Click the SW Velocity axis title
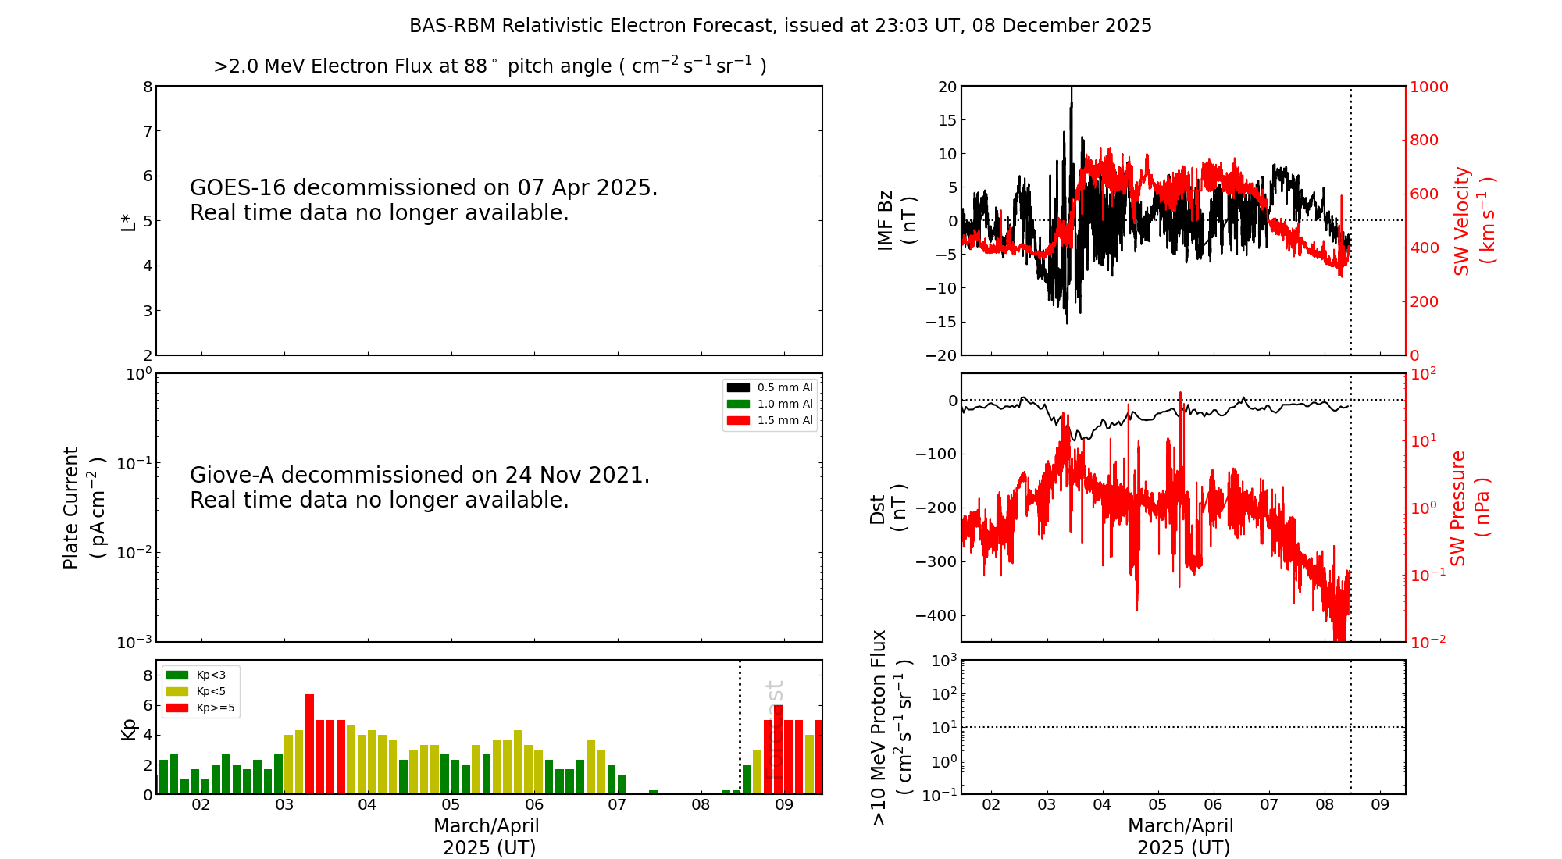click(1473, 221)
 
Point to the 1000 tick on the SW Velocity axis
click(1428, 87)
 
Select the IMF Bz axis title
click(896, 220)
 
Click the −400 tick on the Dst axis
click(936, 615)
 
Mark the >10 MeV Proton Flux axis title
click(891, 727)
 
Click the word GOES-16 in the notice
click(238, 188)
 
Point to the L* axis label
click(128, 221)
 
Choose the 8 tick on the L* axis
click(148, 87)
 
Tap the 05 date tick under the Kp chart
click(451, 805)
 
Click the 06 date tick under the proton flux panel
click(1213, 805)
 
